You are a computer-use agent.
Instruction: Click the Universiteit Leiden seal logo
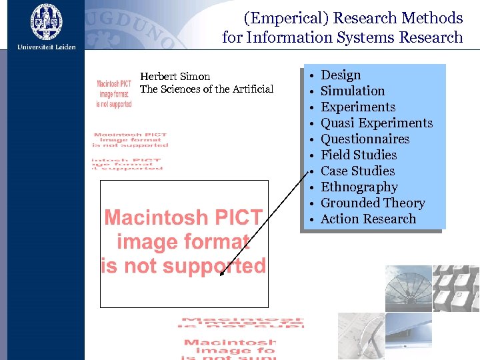pos(47,21)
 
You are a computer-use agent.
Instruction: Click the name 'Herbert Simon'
pos(175,77)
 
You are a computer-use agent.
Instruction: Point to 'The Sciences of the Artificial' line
pos(207,89)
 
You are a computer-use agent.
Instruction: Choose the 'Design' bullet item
pos(341,75)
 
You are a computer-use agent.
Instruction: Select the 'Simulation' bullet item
pos(353,91)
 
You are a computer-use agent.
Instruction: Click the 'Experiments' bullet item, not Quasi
pos(358,107)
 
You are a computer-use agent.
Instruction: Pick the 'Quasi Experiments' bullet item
pos(377,123)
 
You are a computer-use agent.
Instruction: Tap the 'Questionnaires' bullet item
pos(365,139)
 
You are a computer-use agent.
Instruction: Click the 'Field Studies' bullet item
pos(359,155)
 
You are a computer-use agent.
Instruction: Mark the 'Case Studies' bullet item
pos(357,171)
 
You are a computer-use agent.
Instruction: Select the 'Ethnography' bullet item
pos(359,187)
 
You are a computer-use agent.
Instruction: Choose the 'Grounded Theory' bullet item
pos(373,203)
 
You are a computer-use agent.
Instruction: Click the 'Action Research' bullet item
pos(368,219)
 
